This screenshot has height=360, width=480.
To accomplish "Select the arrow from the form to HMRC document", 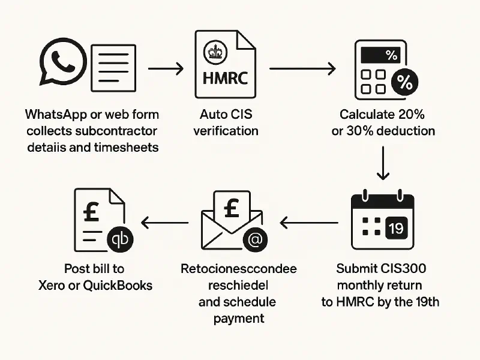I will point(165,69).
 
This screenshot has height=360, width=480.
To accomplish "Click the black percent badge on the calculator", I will point(405,83).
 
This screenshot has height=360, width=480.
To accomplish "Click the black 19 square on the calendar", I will point(395,229).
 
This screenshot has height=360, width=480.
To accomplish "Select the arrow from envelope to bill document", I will point(164,224).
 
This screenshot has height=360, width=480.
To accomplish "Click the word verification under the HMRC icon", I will point(226,131).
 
